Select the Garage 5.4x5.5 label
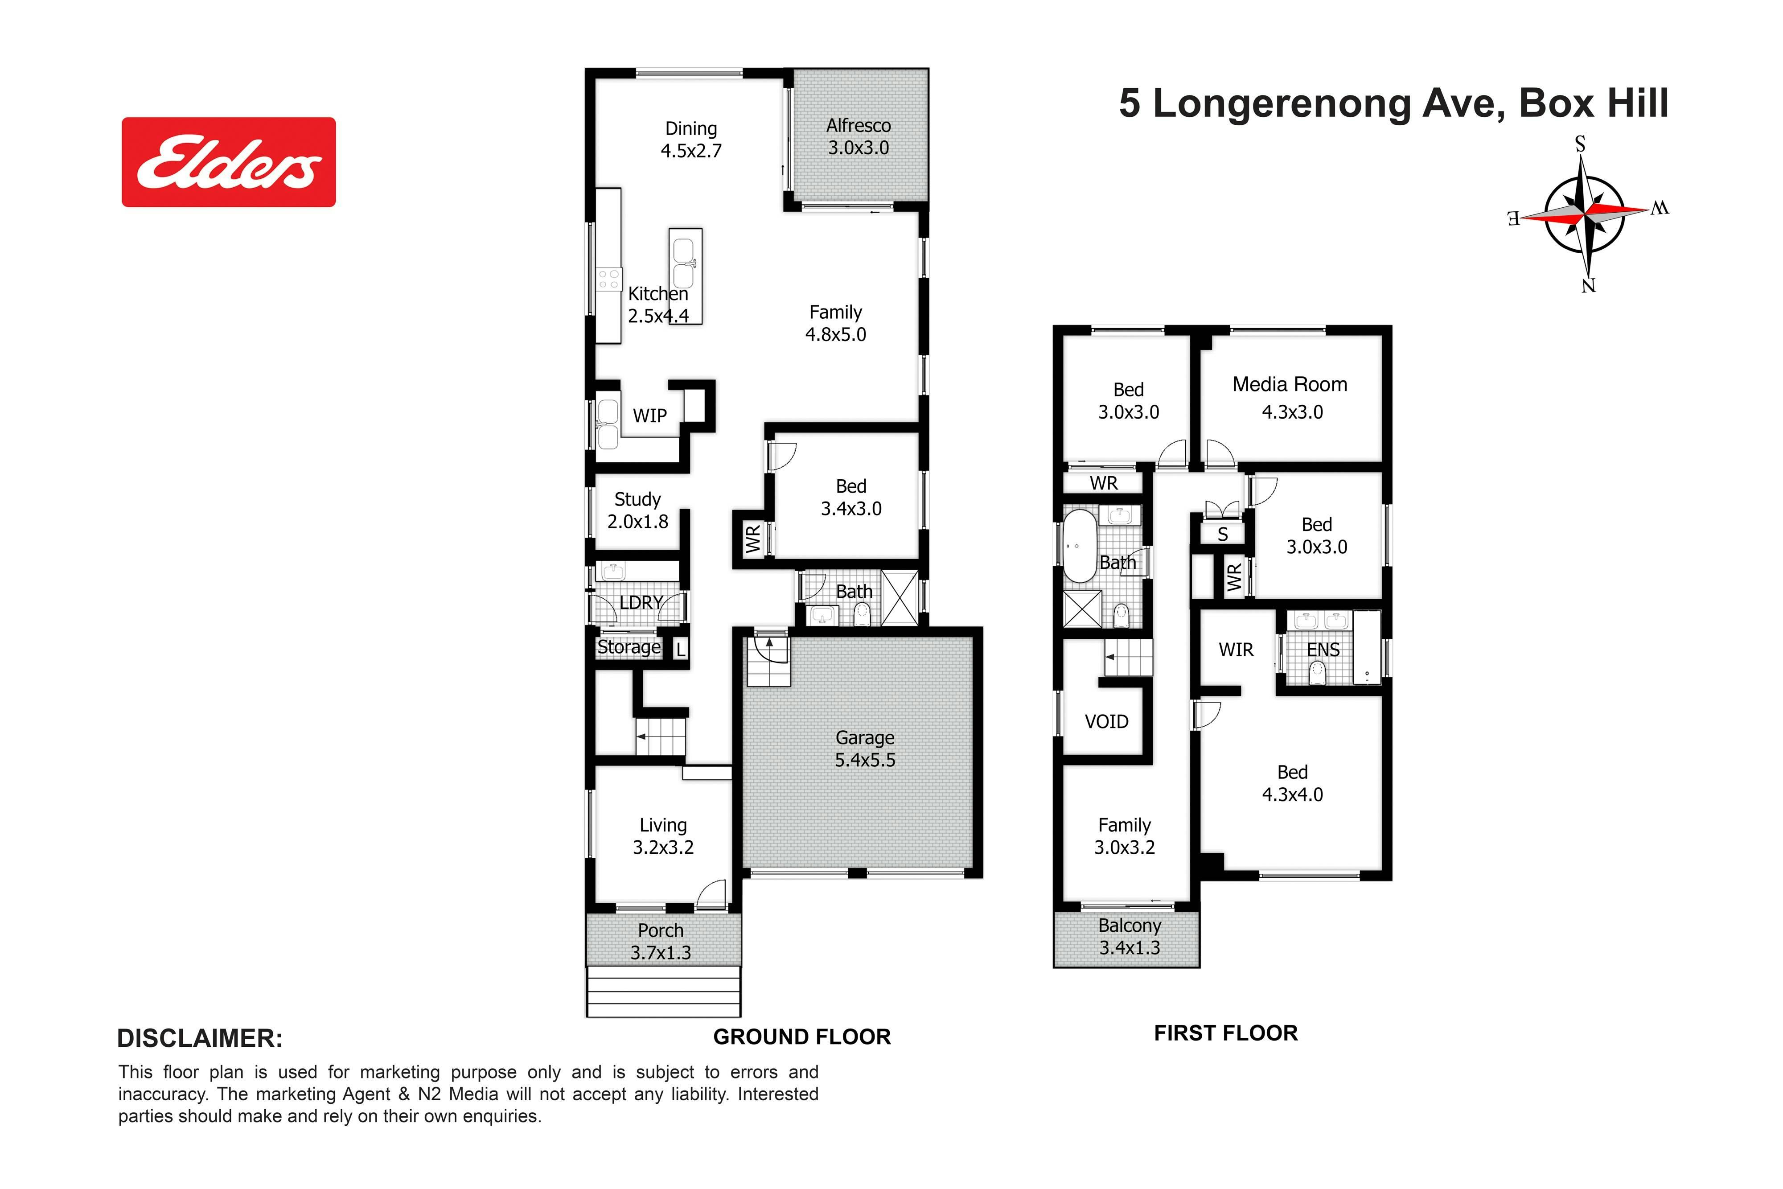[865, 749]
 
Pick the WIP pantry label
[649, 416]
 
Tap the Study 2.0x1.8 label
[637, 510]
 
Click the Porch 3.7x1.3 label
[660, 941]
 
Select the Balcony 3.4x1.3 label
[1130, 937]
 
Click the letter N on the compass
[1588, 285]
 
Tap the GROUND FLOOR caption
[802, 1037]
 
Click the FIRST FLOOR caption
[1226, 1033]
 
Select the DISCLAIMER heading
[200, 1038]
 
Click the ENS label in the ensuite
[1323, 650]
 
